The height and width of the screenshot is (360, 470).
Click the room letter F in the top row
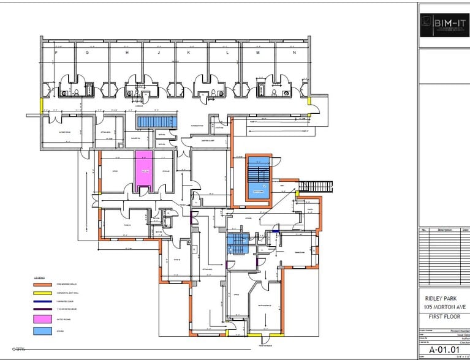click(x=57, y=53)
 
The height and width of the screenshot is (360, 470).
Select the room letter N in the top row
click(x=295, y=53)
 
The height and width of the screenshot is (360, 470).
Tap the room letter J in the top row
click(x=159, y=53)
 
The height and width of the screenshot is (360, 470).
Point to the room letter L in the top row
click(x=227, y=53)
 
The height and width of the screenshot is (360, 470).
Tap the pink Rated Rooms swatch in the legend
click(x=42, y=319)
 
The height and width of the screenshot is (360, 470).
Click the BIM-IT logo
click(x=443, y=24)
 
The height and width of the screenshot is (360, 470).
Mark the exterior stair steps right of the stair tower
click(x=313, y=185)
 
